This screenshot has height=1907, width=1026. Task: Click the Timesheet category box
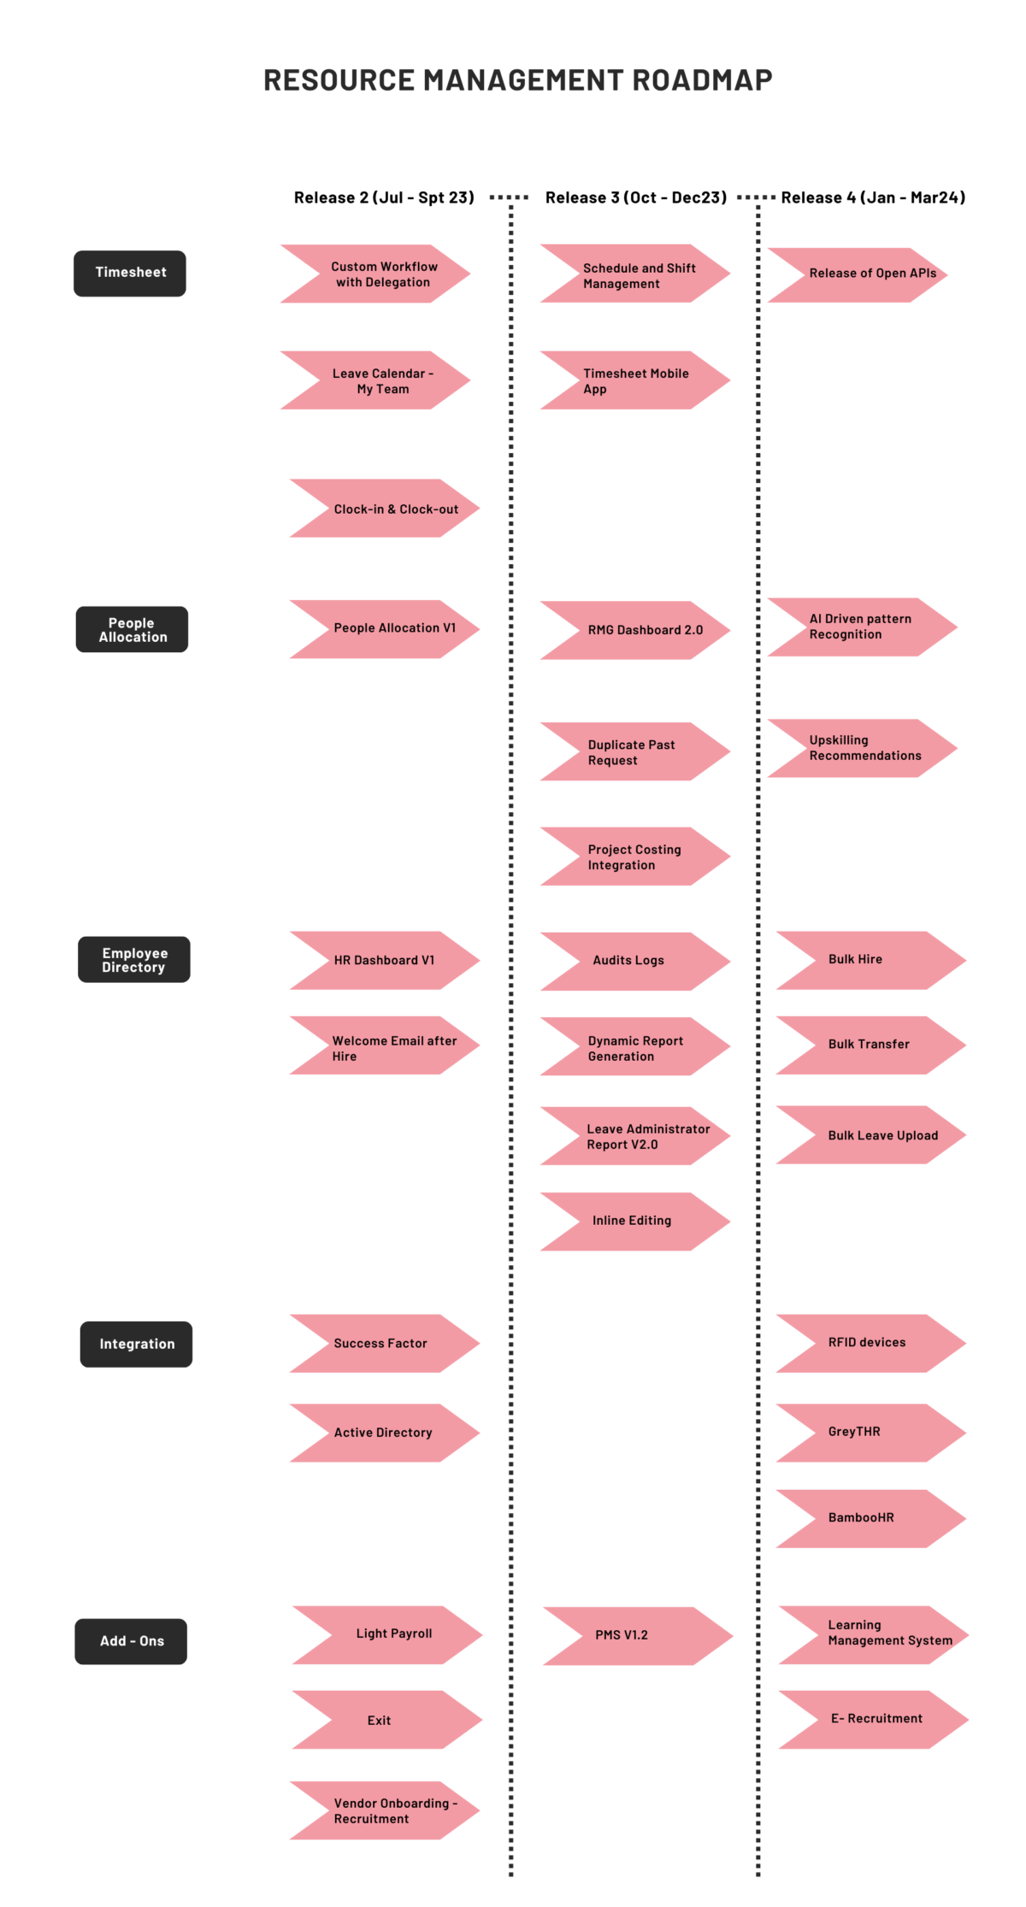[130, 273]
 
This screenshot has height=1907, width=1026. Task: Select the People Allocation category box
[132, 630]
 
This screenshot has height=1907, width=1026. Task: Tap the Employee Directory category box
[134, 960]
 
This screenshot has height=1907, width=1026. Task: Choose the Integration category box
[136, 1345]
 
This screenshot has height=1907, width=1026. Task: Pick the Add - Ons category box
[131, 1641]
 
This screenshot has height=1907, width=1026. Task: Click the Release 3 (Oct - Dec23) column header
[635, 197]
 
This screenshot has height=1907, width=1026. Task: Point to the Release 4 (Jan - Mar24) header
[872, 197]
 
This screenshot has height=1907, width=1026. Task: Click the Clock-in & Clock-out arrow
[389, 509]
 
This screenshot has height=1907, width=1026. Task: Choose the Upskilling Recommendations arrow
[864, 749]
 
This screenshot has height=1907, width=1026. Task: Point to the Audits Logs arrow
[633, 961]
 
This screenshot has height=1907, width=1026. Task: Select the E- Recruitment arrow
[874, 1719]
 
